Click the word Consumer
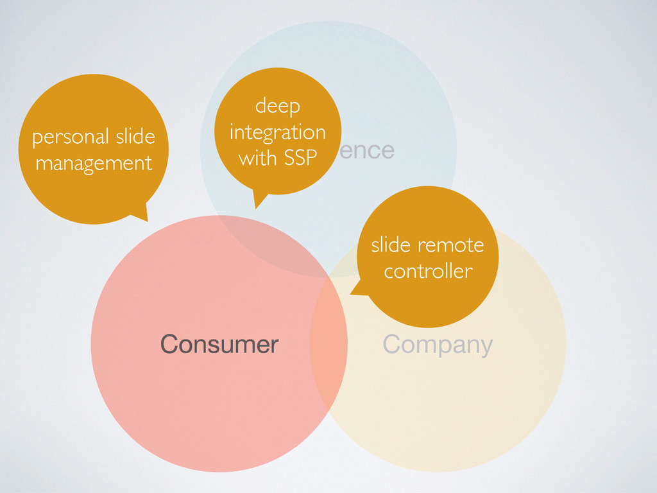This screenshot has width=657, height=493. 219,345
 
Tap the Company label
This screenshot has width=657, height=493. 438,345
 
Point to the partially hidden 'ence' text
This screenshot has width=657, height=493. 368,150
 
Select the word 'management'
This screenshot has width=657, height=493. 94,163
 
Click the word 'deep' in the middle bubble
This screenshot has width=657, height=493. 277,107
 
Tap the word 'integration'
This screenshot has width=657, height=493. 277,132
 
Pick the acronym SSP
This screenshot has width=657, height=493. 301,158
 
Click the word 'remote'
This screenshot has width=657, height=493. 450,245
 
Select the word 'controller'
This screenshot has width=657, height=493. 428,271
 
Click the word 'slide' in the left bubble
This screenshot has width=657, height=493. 135,137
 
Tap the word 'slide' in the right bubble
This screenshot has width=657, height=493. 391,245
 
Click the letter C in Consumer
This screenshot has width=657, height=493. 168,345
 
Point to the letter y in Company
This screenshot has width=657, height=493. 486,347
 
